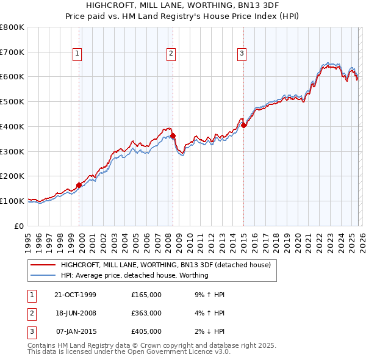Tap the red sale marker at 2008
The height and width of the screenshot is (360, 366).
(x=173, y=135)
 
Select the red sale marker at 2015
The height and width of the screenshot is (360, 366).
(x=243, y=125)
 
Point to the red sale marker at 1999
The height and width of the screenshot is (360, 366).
(x=79, y=185)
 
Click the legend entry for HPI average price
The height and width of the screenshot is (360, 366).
(x=134, y=275)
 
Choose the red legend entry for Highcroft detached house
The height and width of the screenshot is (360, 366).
(x=169, y=265)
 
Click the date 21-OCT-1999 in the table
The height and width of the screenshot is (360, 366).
(x=75, y=295)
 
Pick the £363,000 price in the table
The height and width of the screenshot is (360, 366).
(x=146, y=313)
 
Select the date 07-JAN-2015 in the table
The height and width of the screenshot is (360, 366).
(x=75, y=331)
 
